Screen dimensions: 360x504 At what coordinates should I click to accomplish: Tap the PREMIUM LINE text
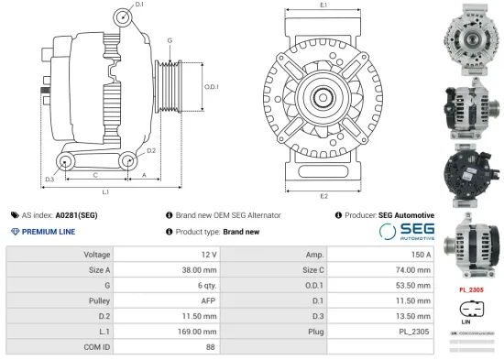coord(49,232)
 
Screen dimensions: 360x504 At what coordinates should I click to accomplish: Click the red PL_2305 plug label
coord(471,290)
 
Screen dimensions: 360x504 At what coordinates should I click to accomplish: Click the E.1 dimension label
coord(323,6)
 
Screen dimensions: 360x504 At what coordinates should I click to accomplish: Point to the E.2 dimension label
coord(323,196)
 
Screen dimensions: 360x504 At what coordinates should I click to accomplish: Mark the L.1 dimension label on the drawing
coord(106,191)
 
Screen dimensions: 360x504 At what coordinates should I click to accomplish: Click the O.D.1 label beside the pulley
coord(211,87)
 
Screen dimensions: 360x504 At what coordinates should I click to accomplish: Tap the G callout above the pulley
coord(170,41)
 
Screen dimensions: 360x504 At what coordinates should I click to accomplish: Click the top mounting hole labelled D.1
coord(123,17)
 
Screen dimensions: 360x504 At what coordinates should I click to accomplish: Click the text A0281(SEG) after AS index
coord(76,215)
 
